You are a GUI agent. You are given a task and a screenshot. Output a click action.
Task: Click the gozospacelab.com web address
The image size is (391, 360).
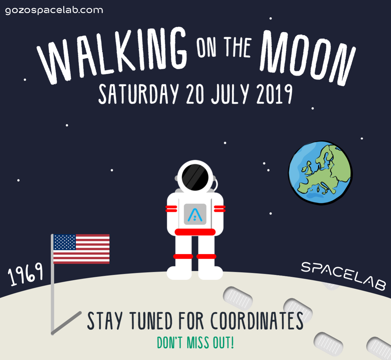coord(54,10)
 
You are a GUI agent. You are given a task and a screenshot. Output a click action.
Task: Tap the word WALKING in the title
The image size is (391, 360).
coord(112,56)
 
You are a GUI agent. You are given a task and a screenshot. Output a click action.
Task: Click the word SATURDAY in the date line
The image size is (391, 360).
coord(138,94)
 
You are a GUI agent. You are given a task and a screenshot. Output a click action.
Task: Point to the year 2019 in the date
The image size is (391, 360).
coord(274,94)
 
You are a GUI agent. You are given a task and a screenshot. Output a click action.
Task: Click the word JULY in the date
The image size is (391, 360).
coord(230,94)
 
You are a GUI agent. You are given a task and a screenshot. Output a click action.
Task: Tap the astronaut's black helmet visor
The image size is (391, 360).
coord(195,177)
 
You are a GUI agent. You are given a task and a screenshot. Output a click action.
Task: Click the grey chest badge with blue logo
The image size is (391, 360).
coord(195,214)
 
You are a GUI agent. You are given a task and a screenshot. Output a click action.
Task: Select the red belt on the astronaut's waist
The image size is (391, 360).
coord(195,232)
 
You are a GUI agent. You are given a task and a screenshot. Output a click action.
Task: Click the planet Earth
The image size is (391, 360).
coord(320,173)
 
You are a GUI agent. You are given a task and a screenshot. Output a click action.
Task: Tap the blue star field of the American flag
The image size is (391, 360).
coord(65,242)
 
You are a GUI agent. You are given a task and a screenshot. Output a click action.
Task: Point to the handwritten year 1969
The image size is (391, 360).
coord(25,274)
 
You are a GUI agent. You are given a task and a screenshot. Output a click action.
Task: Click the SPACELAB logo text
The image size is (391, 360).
coord(343,276)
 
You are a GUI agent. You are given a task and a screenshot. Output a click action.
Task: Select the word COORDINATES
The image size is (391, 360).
coord(257,321)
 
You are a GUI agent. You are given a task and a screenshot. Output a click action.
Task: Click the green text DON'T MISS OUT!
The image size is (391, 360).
coord(195,343)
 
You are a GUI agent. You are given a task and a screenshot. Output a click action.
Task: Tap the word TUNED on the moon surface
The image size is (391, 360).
coord(151,321)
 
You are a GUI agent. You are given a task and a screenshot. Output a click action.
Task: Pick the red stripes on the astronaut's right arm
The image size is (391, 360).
coord(171,209)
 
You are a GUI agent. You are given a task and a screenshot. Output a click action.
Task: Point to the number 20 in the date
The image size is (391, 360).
coord(195,94)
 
